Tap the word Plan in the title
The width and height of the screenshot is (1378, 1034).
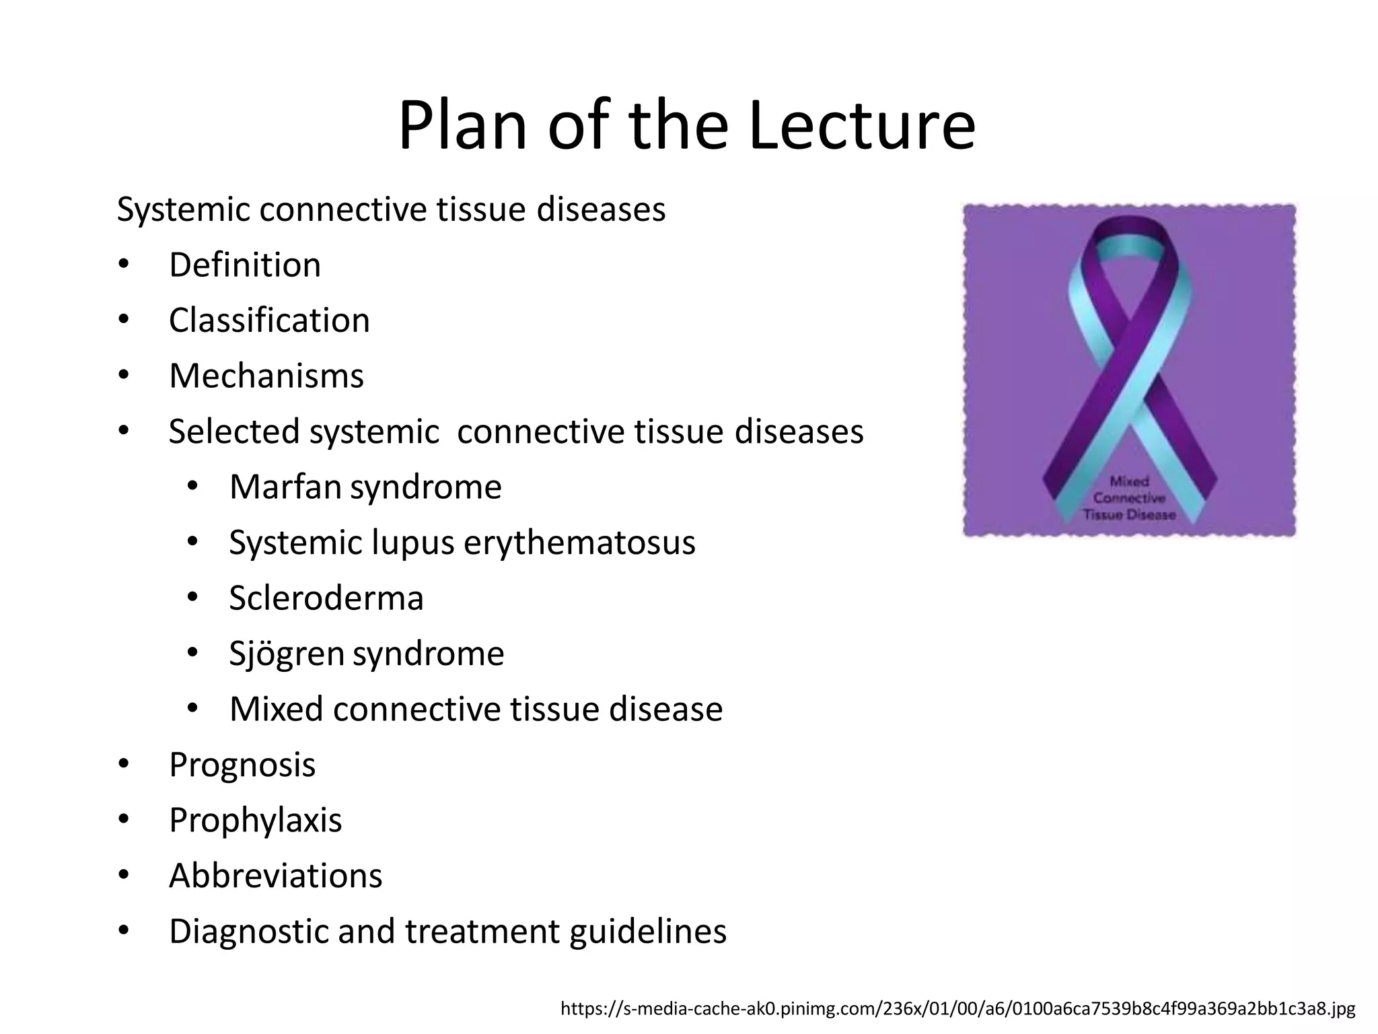(463, 126)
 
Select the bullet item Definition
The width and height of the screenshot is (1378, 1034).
(245, 265)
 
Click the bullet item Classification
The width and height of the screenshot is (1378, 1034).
(269, 320)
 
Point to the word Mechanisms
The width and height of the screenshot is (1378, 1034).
(266, 376)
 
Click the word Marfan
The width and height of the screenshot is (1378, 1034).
(285, 487)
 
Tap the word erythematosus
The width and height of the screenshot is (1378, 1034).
(579, 543)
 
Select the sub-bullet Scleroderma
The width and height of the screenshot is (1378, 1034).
(326, 598)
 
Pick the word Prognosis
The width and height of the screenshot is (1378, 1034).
(242, 765)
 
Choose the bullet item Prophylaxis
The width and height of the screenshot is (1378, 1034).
(256, 820)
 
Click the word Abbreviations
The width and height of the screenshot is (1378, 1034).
(276, 876)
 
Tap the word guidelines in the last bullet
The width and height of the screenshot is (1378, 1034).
(648, 932)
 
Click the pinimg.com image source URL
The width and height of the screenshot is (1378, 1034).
(957, 1008)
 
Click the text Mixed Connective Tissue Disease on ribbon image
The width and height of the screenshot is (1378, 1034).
(1129, 498)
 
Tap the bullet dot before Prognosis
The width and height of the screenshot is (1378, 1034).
(123, 764)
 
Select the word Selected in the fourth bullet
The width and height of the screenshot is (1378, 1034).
(233, 432)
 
